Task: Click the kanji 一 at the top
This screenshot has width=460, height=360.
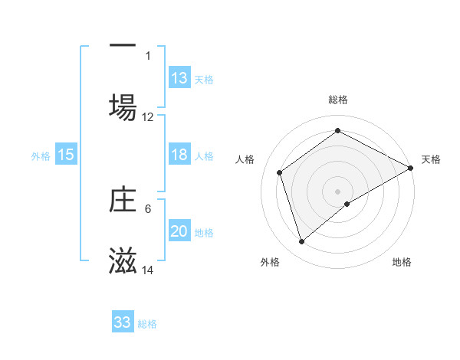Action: (x=123, y=45)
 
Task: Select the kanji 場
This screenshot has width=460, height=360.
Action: (x=123, y=106)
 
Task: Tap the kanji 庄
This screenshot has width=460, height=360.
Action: (x=123, y=199)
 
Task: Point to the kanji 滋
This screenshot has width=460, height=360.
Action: (x=123, y=261)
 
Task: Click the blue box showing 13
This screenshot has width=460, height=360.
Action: (x=179, y=78)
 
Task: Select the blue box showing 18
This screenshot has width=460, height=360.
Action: (x=179, y=155)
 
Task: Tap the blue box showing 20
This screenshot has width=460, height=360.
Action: (x=179, y=231)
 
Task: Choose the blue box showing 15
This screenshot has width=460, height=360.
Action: (x=66, y=155)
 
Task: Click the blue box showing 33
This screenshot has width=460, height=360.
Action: (x=123, y=322)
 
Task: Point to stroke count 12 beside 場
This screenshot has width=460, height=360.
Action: (x=148, y=117)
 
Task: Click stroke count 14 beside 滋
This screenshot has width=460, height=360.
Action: (x=148, y=271)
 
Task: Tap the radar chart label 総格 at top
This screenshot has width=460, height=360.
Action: (x=338, y=100)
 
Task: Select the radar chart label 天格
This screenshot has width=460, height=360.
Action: (x=431, y=159)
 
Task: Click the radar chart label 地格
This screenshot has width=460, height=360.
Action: (x=402, y=263)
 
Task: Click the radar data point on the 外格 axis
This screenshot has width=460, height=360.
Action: (x=301, y=242)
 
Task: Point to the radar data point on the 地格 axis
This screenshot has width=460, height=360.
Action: (x=347, y=204)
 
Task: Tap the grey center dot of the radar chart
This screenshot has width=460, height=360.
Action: (x=338, y=191)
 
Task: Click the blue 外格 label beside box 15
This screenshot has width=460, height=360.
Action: (x=40, y=155)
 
